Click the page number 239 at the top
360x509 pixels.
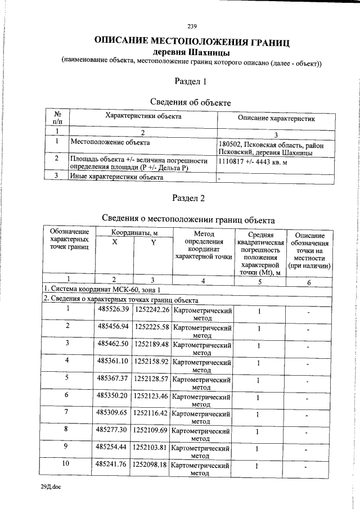coord(191,26)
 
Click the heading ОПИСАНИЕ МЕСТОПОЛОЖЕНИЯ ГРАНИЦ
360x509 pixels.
coord(192,42)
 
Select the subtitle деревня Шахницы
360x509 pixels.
coord(192,53)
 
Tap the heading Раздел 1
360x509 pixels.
coord(191,82)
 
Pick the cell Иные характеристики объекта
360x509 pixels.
coord(116,177)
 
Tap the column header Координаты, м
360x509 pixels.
coord(134,232)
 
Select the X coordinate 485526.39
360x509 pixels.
coord(113,310)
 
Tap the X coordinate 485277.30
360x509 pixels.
coord(113,430)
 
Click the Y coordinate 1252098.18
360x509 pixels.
coord(151,466)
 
